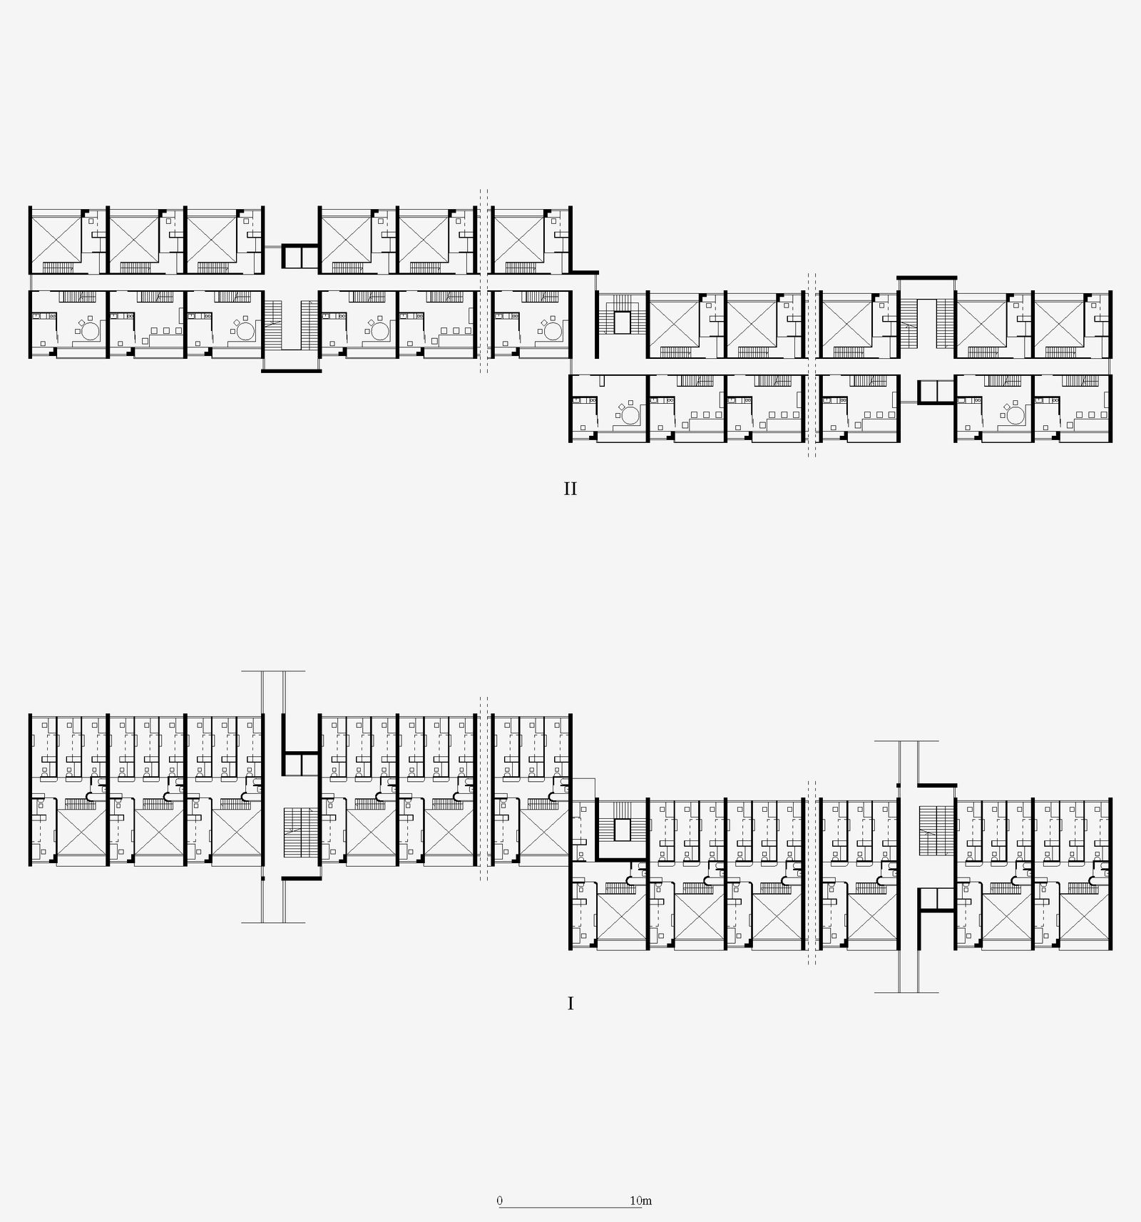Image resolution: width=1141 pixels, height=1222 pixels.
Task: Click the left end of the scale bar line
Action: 499,1207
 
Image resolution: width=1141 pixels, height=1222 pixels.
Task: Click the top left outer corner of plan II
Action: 29,207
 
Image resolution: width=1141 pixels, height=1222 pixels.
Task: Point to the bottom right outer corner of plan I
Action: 1112,949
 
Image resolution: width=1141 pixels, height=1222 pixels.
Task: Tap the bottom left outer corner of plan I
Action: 29,865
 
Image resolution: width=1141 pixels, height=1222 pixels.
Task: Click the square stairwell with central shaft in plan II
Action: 621,322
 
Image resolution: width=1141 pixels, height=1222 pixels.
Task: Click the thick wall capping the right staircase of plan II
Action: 926,278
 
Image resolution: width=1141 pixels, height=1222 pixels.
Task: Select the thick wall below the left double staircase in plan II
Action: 292,370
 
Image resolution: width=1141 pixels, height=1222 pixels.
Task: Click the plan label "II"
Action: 570,489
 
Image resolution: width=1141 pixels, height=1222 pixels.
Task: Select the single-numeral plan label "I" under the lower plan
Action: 570,1004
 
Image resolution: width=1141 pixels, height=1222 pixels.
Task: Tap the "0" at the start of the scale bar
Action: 500,1201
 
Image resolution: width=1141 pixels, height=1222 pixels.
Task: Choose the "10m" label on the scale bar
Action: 641,1201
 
